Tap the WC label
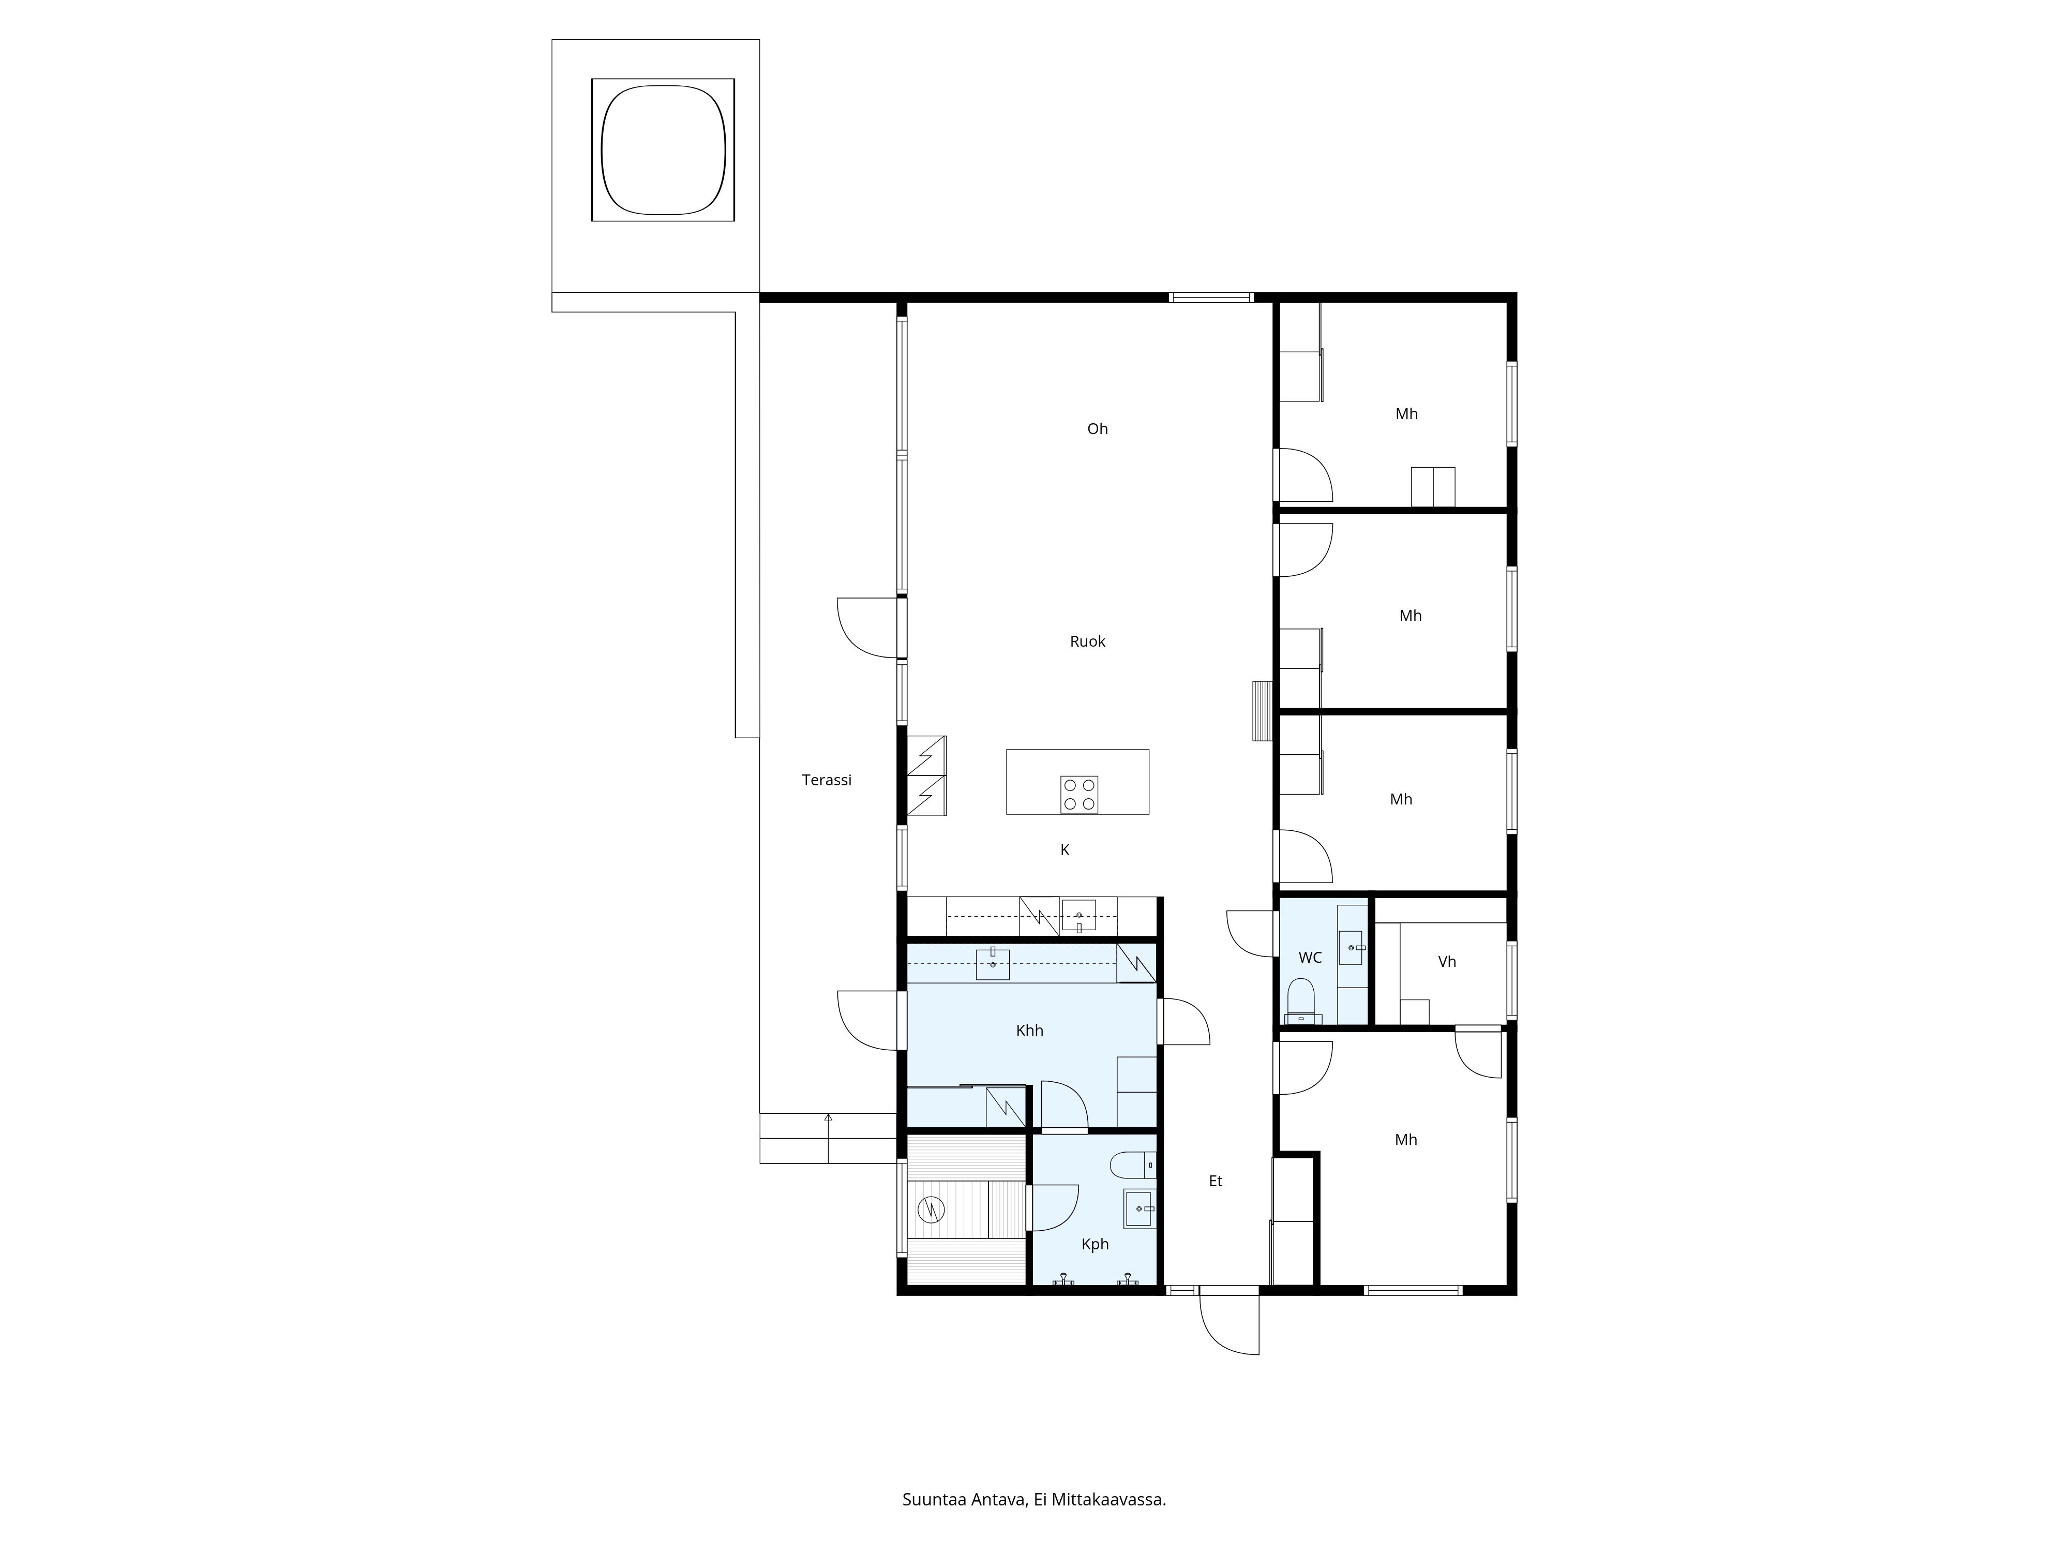[x=1310, y=958]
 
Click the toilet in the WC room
[x=1300, y=999]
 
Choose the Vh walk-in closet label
[x=1446, y=962]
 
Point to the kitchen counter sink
[x=1078, y=916]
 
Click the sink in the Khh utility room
[x=993, y=964]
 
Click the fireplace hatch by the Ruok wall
[x=1262, y=711]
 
